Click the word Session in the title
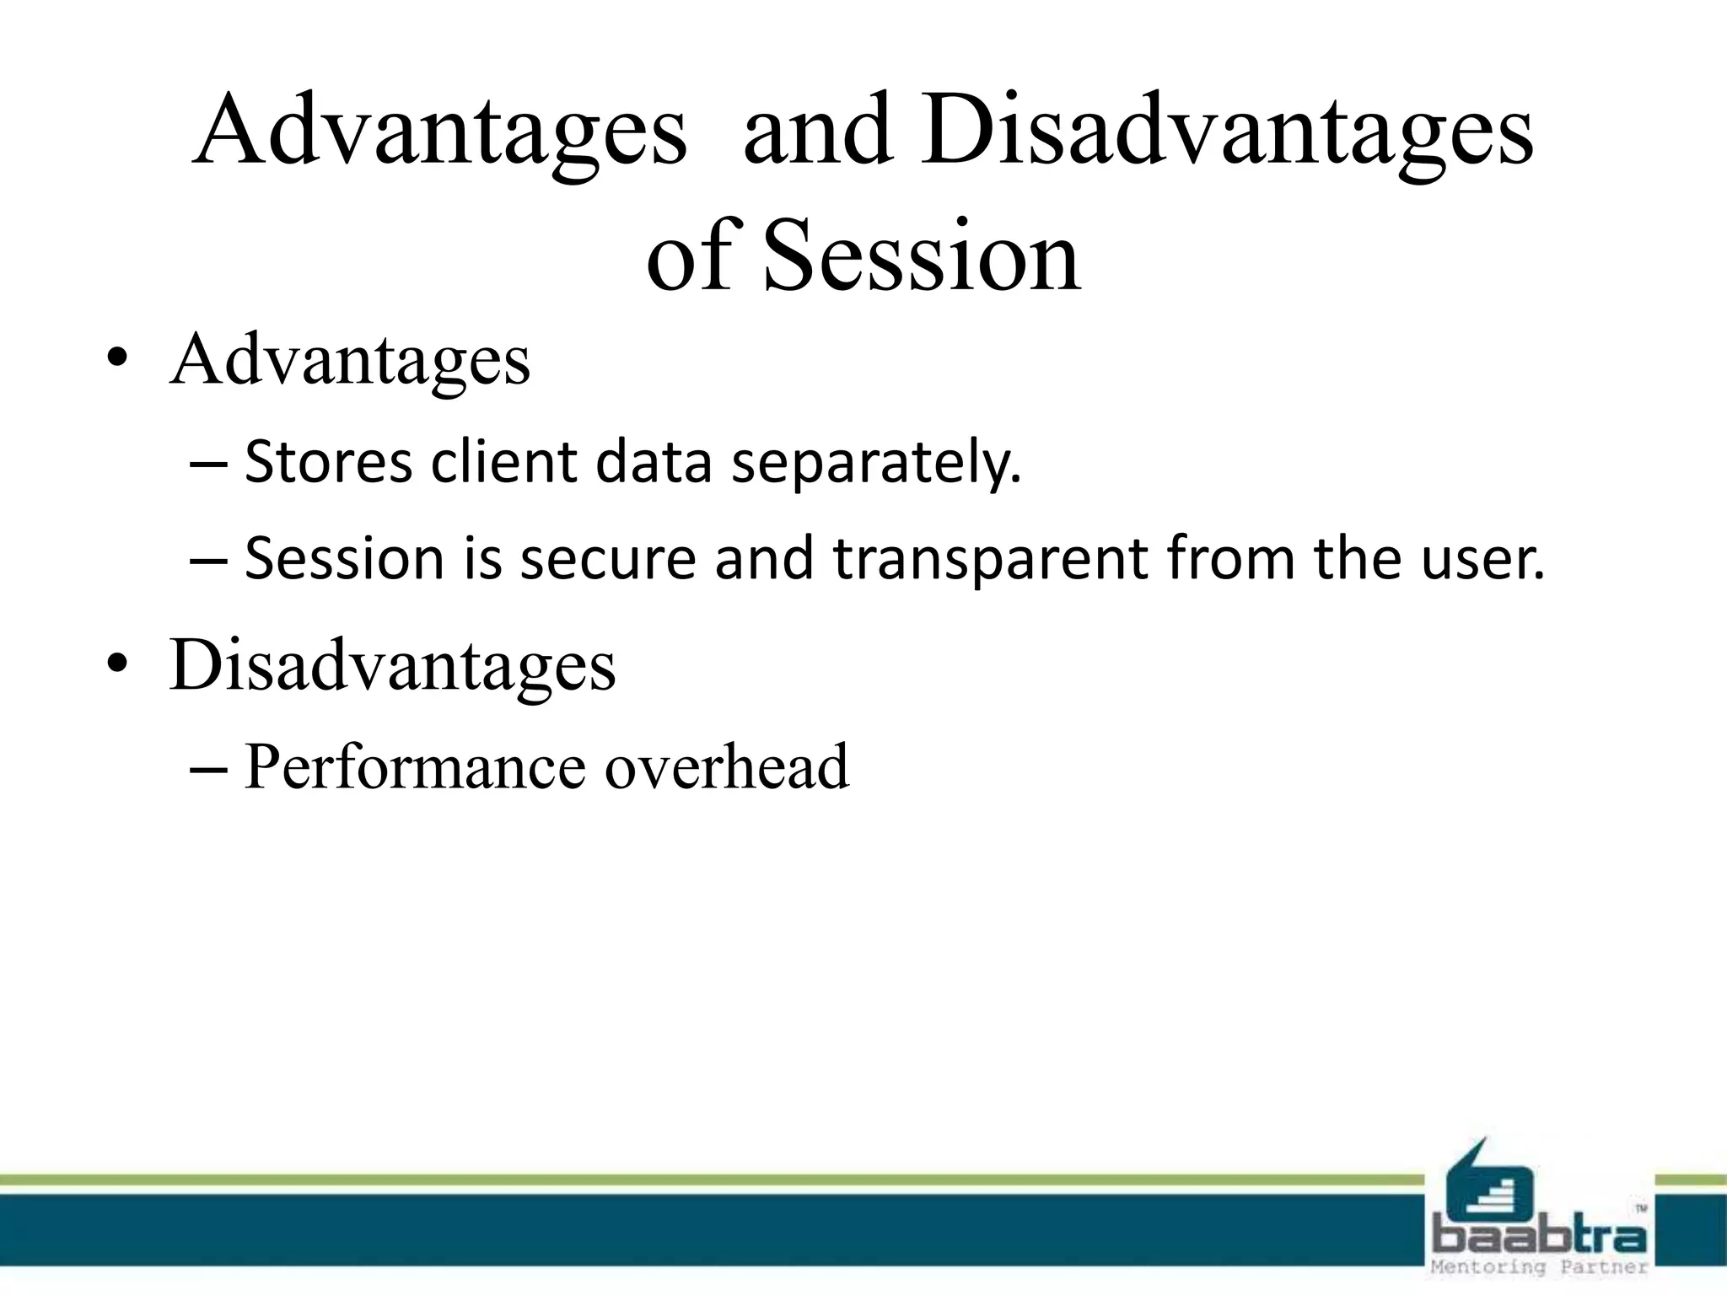click(x=921, y=255)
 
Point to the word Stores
click(x=329, y=463)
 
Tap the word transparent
click(x=991, y=559)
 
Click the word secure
click(x=608, y=559)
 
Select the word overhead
click(x=727, y=767)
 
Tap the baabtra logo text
click(x=1540, y=1238)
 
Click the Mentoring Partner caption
click(x=1540, y=1267)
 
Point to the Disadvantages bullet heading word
click(x=393, y=665)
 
